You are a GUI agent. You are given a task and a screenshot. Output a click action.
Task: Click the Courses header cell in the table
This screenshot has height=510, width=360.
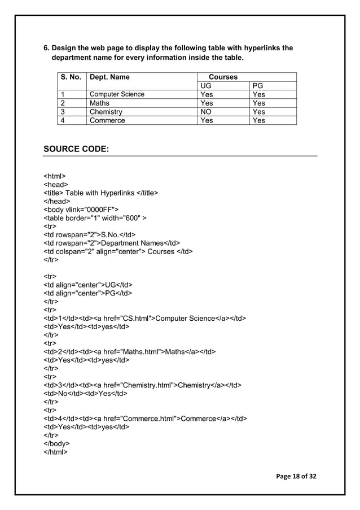click(223, 77)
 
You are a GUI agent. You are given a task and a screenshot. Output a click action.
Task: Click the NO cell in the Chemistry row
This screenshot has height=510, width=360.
click(207, 112)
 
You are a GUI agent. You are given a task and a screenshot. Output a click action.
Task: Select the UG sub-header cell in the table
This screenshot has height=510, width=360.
click(207, 86)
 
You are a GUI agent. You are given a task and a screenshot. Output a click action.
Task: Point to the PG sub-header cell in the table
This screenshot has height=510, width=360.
click(258, 86)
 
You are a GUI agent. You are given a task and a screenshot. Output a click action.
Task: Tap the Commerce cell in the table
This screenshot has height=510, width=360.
click(107, 120)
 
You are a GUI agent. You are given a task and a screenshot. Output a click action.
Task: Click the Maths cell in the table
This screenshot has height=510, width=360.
click(99, 103)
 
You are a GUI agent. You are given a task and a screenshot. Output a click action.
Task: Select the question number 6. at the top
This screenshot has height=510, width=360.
click(47, 48)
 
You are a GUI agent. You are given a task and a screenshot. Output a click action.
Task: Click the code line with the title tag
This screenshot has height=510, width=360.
click(101, 193)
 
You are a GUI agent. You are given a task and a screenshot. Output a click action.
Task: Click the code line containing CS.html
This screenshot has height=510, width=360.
click(145, 318)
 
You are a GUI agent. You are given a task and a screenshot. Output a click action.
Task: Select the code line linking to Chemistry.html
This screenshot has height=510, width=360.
click(143, 385)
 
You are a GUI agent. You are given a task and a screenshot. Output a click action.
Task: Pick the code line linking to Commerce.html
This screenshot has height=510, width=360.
click(145, 419)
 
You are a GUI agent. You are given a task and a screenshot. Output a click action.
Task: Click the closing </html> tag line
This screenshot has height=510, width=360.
click(56, 452)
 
